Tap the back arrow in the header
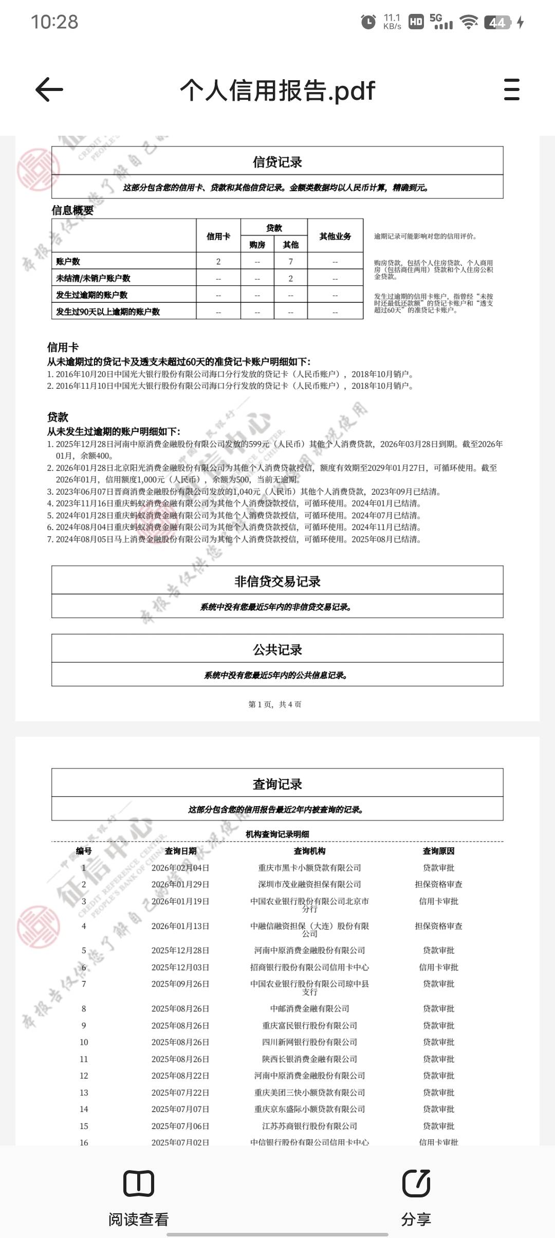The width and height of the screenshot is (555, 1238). (49, 90)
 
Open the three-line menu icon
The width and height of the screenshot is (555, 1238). (511, 90)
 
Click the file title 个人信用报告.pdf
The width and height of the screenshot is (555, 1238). (277, 90)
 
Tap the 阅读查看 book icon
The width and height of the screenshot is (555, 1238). (139, 1183)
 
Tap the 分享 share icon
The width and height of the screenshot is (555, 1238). (416, 1183)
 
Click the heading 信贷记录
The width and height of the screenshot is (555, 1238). (277, 162)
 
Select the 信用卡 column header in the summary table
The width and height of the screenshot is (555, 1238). (218, 236)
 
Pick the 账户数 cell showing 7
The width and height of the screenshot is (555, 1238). (290, 262)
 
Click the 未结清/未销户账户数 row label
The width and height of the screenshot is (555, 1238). (93, 278)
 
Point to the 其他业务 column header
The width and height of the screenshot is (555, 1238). (335, 236)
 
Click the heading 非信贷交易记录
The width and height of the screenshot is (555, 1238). (277, 581)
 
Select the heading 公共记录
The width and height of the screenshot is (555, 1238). (277, 650)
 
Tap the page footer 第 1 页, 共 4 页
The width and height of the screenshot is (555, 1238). (275, 704)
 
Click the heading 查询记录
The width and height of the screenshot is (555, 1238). (277, 784)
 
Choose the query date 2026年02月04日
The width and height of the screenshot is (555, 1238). (180, 868)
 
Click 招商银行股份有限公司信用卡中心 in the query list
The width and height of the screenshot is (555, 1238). (309, 967)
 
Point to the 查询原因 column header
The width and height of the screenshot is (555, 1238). (438, 851)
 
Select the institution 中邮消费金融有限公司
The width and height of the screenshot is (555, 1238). (309, 1009)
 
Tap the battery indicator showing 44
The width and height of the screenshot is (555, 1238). (497, 22)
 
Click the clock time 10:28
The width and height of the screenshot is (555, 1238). (54, 22)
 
